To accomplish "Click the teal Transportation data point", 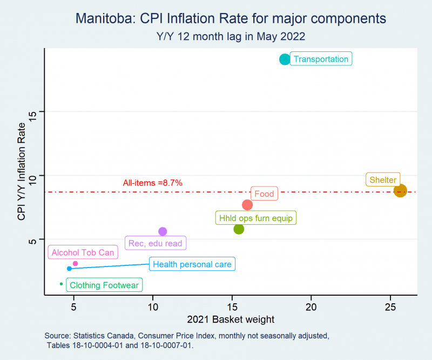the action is [x=285, y=59].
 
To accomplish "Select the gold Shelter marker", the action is [x=400, y=191].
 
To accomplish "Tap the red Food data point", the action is [x=247, y=205].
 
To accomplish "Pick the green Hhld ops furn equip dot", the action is [x=239, y=229].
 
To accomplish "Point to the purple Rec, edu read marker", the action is [x=163, y=231].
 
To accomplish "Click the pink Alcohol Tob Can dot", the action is [x=75, y=263].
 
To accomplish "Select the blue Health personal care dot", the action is [x=69, y=269].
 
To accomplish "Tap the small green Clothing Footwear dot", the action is [x=61, y=284].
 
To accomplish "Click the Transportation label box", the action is [x=321, y=59].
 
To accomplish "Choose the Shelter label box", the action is [x=383, y=179].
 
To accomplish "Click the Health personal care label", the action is [x=192, y=264].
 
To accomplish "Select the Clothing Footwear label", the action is [x=104, y=285].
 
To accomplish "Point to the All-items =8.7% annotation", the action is [x=152, y=183].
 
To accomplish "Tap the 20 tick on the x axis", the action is [x=311, y=307].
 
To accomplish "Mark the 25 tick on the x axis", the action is [x=390, y=307].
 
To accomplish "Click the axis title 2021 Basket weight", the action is [x=231, y=319].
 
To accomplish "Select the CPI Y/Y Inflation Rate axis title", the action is [x=21, y=171].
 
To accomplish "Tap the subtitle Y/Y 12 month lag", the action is [x=198, y=37].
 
